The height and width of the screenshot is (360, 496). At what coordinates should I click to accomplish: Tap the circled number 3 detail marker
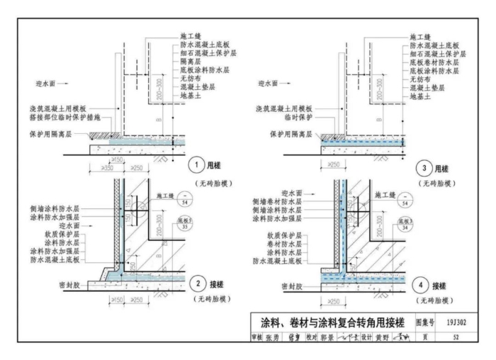[x=422, y=167]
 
